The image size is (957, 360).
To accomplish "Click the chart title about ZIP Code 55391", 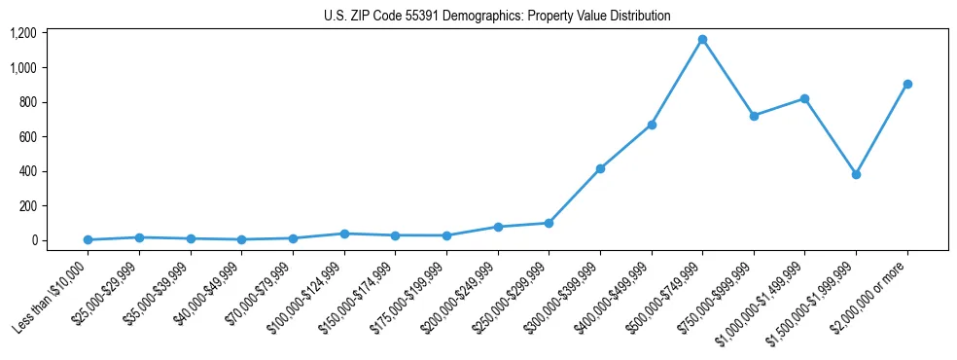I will (497, 17).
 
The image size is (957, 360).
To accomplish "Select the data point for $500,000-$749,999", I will (702, 40).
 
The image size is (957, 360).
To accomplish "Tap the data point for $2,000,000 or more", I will (907, 84).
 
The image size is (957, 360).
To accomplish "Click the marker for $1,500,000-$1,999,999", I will (856, 174).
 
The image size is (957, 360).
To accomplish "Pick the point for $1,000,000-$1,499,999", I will (804, 98).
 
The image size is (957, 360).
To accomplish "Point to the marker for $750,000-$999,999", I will (754, 116).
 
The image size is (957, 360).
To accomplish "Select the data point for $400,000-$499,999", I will (652, 125).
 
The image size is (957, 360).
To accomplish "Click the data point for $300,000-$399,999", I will (600, 168).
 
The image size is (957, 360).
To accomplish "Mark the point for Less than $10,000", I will (88, 239).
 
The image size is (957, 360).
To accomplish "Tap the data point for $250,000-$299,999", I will (549, 223).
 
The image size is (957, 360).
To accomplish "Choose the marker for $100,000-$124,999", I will (344, 234).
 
